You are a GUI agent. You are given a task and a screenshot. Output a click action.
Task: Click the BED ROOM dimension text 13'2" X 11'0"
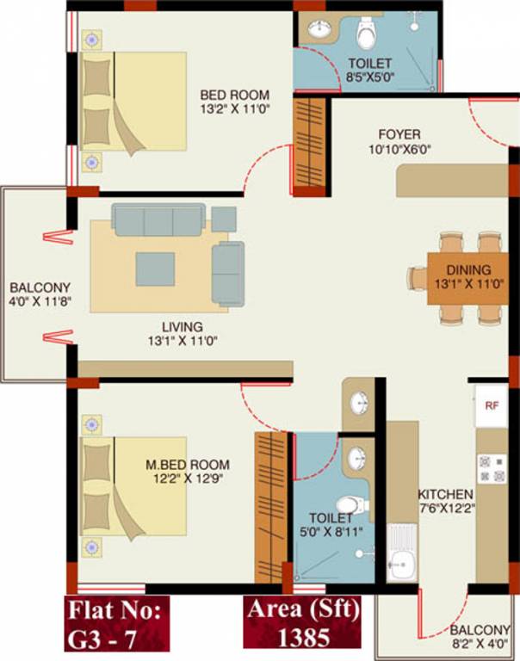235,110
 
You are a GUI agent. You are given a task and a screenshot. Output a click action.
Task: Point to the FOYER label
399,134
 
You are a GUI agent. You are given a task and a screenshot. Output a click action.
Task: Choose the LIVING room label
182,327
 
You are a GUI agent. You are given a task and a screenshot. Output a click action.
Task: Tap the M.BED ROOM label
184,466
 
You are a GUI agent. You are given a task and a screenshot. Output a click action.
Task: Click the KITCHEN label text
445,494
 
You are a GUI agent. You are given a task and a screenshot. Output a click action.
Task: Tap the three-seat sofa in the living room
158,219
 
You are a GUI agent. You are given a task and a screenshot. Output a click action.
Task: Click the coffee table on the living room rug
154,269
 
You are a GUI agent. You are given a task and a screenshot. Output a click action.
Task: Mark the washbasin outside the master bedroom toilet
360,403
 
